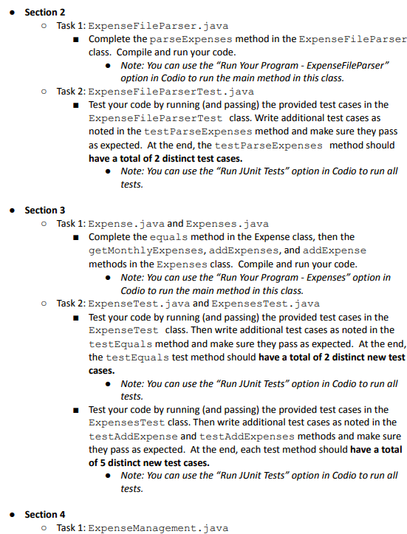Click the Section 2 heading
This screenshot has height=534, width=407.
coord(44,12)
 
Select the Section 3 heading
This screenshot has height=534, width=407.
coord(44,210)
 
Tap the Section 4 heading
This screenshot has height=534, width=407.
coord(44,514)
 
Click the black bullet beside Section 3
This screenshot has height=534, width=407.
coord(13,210)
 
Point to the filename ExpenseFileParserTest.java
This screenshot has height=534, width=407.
coord(171,92)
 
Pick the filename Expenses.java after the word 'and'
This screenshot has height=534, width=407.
coord(227,224)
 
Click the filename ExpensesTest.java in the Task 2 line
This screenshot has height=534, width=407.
coord(265,304)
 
